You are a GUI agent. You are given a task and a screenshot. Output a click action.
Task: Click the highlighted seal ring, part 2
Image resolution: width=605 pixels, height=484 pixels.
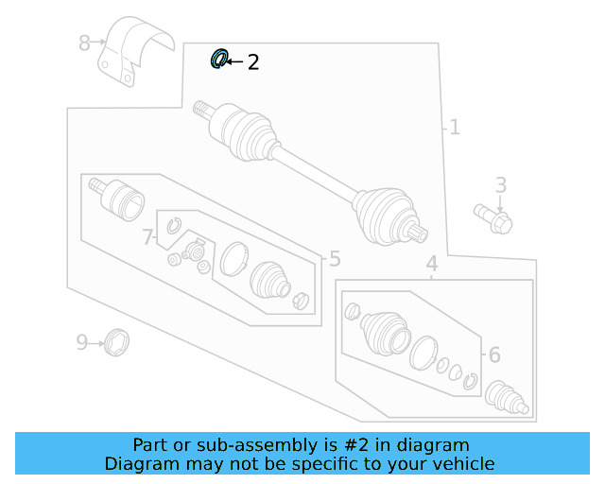point(218,60)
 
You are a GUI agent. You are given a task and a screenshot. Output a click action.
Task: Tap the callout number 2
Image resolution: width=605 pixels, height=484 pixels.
point(252,62)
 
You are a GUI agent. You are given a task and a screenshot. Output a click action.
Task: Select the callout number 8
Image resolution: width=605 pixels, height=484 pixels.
point(84,43)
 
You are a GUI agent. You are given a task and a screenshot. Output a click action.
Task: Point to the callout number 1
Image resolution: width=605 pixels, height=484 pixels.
point(455,127)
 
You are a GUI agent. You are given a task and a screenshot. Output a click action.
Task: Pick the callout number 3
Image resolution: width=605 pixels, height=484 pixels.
point(501,185)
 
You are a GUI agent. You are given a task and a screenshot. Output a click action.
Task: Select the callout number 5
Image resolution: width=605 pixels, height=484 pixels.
point(334,259)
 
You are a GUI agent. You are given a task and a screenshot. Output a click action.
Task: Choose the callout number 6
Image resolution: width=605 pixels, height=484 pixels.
point(493,354)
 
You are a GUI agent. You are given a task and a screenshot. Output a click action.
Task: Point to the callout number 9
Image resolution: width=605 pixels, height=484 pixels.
point(82,341)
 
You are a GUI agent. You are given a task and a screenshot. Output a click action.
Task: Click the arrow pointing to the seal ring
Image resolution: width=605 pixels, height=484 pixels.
point(234,61)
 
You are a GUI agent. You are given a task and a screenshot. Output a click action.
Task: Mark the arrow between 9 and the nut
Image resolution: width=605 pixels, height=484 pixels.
point(96,341)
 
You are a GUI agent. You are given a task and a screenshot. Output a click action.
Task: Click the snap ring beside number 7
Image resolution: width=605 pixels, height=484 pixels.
point(173,225)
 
